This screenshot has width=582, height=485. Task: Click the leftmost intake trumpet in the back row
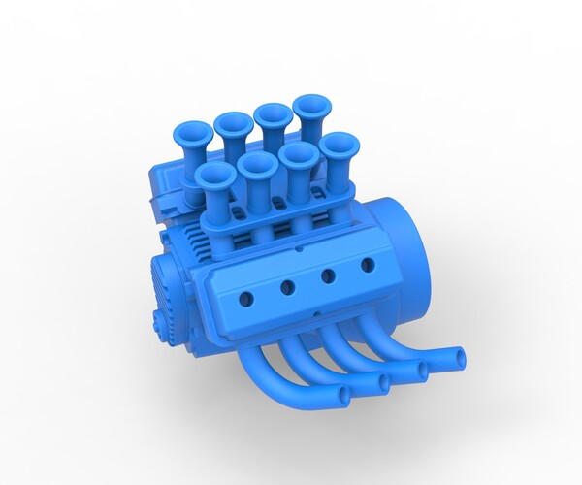point(194,133)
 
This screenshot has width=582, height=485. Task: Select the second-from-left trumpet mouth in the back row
point(234,123)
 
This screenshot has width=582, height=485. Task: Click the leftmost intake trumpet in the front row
point(215,175)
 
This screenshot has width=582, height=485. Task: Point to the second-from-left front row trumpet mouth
point(257,164)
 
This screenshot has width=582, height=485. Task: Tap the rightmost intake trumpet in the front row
point(339,145)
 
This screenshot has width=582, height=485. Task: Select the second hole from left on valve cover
point(288,287)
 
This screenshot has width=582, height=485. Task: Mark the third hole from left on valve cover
point(329,275)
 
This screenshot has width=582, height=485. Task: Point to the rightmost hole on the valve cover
point(368,264)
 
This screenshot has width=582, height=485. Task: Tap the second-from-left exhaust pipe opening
point(383,383)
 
